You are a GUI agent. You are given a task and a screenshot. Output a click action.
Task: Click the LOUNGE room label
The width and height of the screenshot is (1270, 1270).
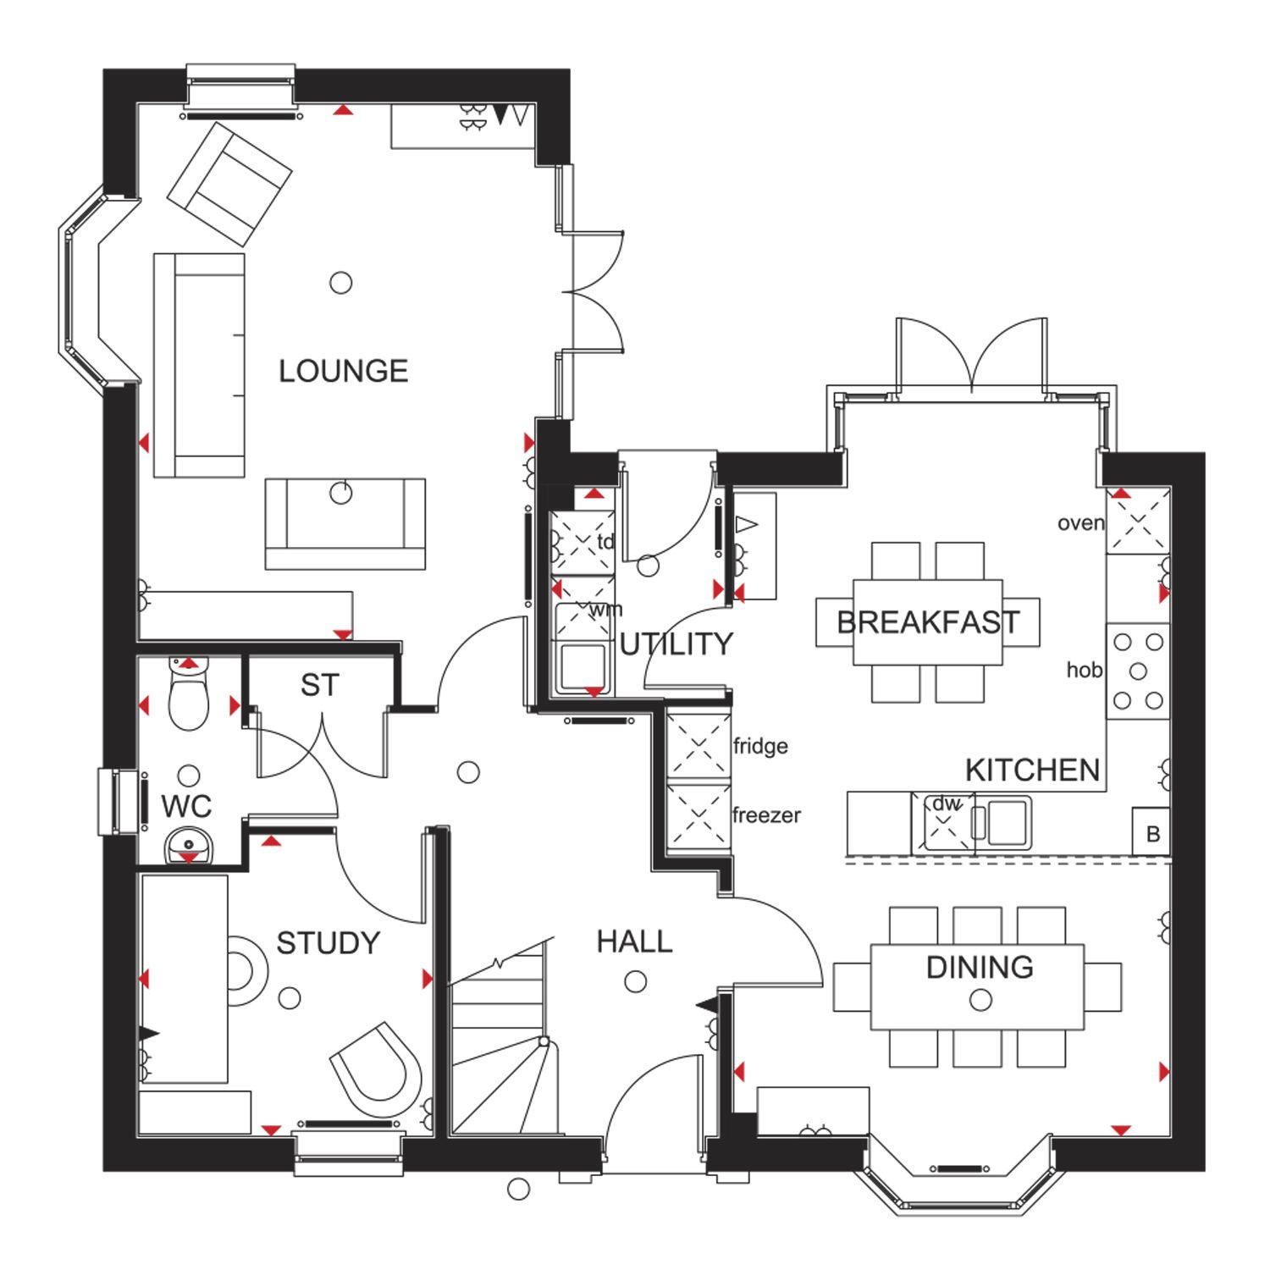[x=344, y=371]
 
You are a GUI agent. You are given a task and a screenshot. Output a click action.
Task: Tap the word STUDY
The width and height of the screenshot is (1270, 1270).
[x=329, y=943]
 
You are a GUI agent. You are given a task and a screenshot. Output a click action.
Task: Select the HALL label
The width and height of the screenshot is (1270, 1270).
[x=634, y=941]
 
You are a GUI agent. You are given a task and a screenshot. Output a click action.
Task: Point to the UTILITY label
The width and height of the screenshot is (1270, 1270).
[x=676, y=644]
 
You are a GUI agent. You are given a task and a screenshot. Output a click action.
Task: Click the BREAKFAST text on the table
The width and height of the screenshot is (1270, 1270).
[x=928, y=622]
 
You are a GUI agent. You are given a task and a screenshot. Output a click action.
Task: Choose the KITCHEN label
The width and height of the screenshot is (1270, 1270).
[x=1033, y=770]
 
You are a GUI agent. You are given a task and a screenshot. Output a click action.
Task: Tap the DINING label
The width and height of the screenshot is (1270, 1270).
[x=980, y=967]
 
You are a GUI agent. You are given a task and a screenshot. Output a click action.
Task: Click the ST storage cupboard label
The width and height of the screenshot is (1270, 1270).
[x=319, y=685]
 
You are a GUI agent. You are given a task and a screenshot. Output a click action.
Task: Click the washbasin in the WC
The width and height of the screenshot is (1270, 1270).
[x=188, y=845]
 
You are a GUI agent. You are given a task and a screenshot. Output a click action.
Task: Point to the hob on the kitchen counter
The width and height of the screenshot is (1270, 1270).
[x=1138, y=671]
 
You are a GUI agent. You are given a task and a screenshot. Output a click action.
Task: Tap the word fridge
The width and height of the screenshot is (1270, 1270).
[x=760, y=746]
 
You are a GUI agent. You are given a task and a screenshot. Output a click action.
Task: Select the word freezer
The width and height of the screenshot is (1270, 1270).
[x=766, y=815]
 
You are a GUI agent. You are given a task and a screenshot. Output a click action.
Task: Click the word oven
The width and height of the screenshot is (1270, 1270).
[x=1081, y=523]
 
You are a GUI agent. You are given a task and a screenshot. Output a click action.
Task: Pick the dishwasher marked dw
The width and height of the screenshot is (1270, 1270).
[x=943, y=822]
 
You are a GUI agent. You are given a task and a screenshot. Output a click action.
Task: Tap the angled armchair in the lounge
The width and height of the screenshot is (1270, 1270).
[x=229, y=184]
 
